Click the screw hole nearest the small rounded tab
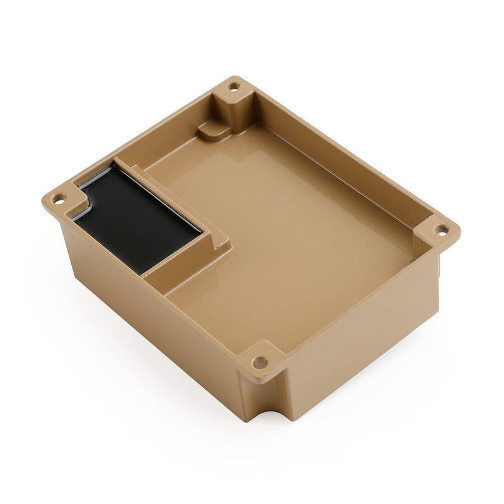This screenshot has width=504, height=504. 234,87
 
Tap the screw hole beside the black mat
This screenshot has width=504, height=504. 59,197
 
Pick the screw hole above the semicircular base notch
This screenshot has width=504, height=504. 260,362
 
